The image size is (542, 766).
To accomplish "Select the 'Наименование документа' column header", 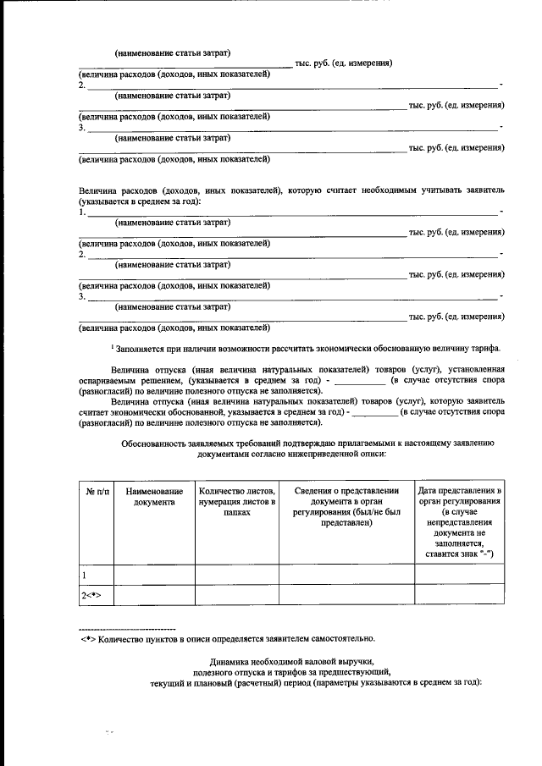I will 153,497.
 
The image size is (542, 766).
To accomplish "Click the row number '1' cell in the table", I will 84,574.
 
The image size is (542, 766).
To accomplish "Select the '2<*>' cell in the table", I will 91,595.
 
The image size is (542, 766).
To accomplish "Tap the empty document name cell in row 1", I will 153,574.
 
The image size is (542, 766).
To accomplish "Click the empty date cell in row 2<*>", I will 460,595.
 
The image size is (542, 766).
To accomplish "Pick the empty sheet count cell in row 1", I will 236,574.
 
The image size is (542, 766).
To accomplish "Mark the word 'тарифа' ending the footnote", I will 488,349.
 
